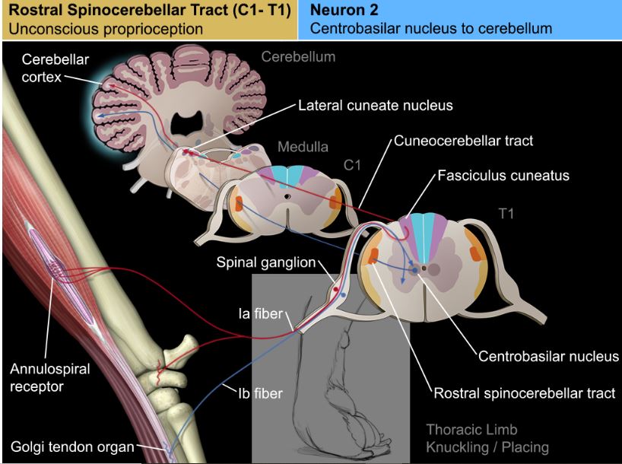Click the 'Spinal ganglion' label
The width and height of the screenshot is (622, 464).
pyautogui.click(x=265, y=262)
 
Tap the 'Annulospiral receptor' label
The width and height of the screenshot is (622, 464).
pyautogui.click(x=49, y=377)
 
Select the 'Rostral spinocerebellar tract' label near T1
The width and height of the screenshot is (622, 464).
pyautogui.click(x=524, y=393)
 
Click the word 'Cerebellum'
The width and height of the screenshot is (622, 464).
pyautogui.click(x=298, y=56)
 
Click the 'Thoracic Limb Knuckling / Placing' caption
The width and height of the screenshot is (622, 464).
pyautogui.click(x=487, y=437)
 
